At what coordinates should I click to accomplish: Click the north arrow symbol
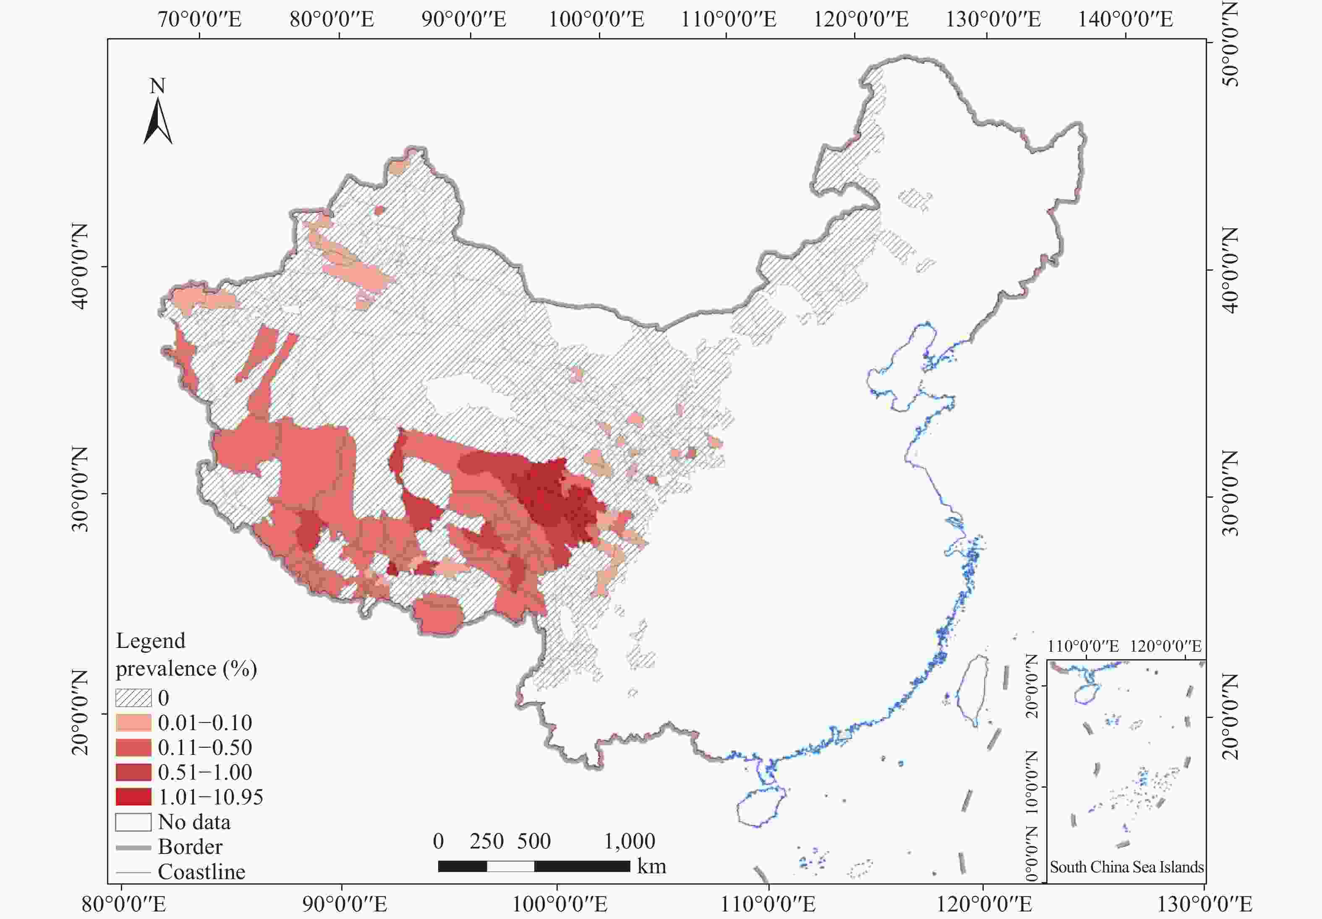click(157, 122)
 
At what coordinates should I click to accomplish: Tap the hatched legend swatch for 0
click(133, 698)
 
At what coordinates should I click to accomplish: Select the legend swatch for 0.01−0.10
click(133, 723)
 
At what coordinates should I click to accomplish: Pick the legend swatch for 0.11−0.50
click(133, 747)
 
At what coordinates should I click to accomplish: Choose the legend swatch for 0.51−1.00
click(133, 772)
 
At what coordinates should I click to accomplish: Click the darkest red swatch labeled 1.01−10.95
click(133, 797)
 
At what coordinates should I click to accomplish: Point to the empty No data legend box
click(133, 822)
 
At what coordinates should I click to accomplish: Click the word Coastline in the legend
click(201, 872)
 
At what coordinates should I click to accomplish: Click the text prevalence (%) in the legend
click(186, 668)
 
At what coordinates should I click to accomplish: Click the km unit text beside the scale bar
click(651, 866)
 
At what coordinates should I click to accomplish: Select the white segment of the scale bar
click(510, 866)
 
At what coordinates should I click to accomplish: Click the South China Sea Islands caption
click(1126, 867)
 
